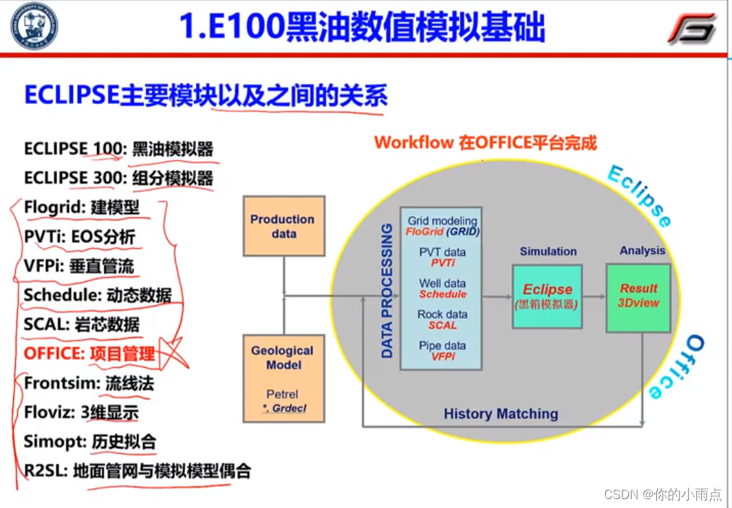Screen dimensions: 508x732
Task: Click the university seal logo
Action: pos(34,25)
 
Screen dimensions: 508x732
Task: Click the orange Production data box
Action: pos(283,226)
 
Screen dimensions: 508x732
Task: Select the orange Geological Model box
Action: pos(283,378)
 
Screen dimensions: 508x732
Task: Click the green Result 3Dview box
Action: pos(638,297)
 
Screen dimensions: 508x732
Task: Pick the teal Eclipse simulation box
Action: pos(547,296)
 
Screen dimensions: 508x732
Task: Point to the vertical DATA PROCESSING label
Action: pos(387,290)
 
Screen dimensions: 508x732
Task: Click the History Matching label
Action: pos(500,414)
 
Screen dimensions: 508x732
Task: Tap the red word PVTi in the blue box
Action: pos(442,263)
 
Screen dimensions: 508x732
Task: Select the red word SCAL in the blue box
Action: pos(442,325)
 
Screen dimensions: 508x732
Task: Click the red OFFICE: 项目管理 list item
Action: pos(89,354)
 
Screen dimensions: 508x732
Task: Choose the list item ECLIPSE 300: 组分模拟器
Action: pos(118,178)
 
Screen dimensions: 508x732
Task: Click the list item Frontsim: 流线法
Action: pos(89,383)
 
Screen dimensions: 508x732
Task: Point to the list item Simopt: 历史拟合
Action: pos(90,441)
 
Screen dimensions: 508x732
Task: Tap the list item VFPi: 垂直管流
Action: pos(79,266)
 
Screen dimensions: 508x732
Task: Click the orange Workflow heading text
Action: pos(485,142)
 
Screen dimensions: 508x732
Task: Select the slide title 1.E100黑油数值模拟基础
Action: pos(362,28)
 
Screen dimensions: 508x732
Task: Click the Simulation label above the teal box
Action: pos(548,251)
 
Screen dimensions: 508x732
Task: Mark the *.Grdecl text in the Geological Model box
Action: pos(283,409)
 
